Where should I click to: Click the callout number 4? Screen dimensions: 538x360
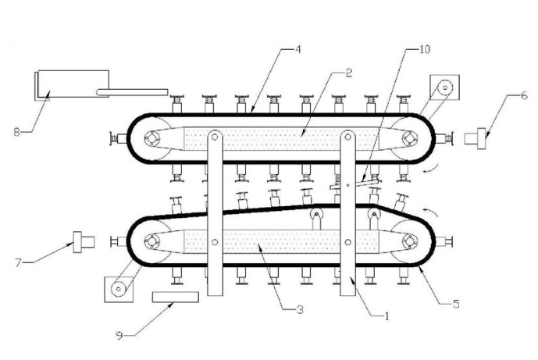[298, 50]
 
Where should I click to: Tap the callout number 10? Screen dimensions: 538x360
[425, 49]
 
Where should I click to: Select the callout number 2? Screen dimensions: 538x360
[348, 73]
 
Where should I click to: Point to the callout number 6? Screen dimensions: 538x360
[524, 95]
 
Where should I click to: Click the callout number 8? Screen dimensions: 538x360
[17, 132]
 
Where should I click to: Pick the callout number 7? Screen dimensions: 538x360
[19, 262]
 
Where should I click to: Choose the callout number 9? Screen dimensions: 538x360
[119, 335]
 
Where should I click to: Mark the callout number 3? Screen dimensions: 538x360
[300, 310]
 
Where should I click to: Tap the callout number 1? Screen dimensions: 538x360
[387, 316]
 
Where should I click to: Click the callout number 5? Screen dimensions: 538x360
[456, 304]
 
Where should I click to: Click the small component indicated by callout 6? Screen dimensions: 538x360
[476, 139]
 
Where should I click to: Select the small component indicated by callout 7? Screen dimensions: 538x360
[84, 242]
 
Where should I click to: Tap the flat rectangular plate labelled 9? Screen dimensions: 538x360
[176, 298]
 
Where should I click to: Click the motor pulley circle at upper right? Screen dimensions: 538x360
[445, 87]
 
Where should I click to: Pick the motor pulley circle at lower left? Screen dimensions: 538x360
[119, 289]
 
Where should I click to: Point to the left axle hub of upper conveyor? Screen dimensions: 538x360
[151, 139]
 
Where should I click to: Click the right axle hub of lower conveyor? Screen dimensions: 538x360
[410, 241]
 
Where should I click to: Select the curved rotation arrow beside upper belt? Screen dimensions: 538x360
[430, 169]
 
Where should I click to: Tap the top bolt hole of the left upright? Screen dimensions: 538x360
[215, 137]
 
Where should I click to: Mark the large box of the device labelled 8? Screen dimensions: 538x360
[73, 84]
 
